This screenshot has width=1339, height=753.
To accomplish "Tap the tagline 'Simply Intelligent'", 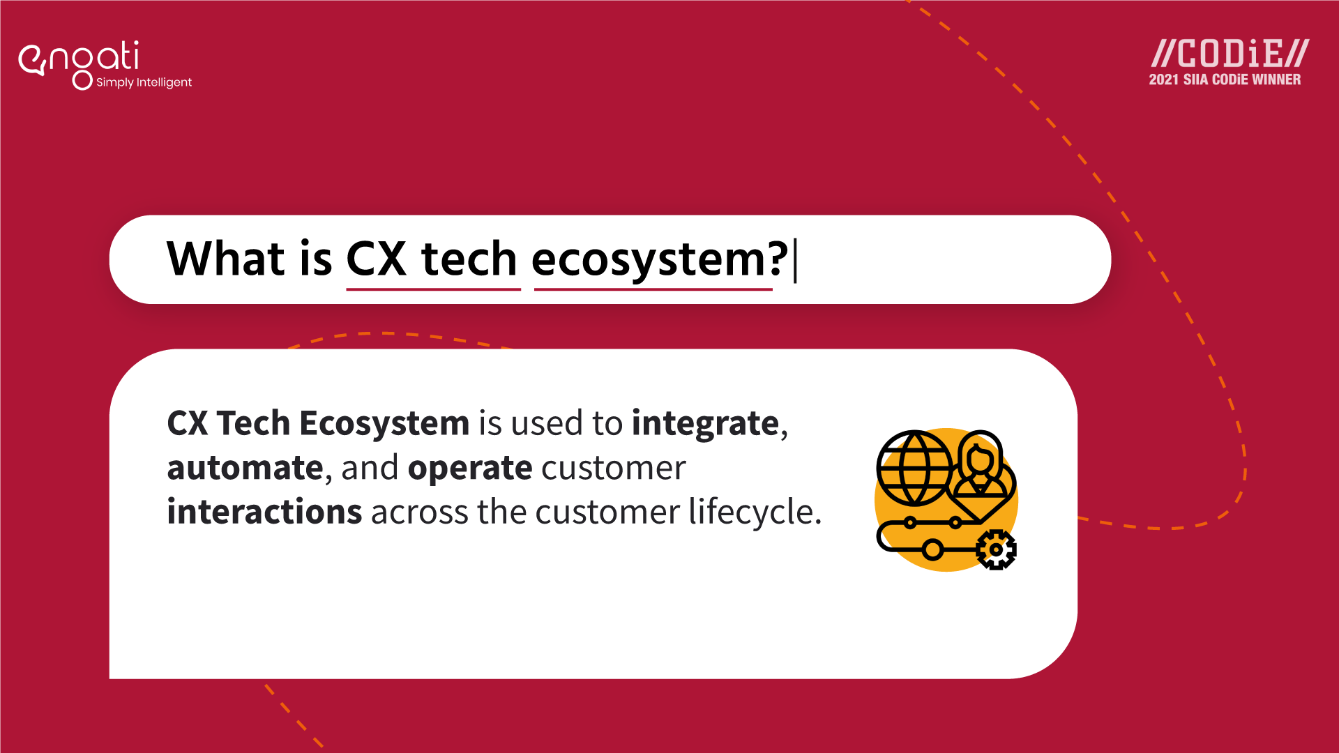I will pos(144,82).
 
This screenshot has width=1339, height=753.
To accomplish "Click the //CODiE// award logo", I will pos(1230,54).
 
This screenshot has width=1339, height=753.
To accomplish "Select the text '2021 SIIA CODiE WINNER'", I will pos(1225,80).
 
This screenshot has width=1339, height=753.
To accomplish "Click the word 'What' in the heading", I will pos(226,259).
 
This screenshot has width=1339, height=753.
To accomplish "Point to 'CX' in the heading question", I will pos(376,259).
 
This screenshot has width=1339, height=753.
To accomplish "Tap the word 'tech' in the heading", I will pos(469,259).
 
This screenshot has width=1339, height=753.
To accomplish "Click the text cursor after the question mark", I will pos(796,259).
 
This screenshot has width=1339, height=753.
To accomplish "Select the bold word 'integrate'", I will pos(705,423).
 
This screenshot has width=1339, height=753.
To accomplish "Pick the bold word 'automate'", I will pos(245,468).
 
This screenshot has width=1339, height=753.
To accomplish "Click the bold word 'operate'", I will pos(470,469).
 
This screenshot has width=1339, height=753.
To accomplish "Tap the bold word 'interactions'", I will pos(264,512).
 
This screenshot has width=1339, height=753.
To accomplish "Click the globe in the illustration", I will pos(914,467).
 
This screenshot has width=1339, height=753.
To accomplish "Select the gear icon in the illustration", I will pos(996,549).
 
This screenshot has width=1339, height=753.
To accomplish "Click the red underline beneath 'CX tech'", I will pos(433,289).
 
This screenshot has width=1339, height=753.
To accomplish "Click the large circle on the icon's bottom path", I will pos(932,549).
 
